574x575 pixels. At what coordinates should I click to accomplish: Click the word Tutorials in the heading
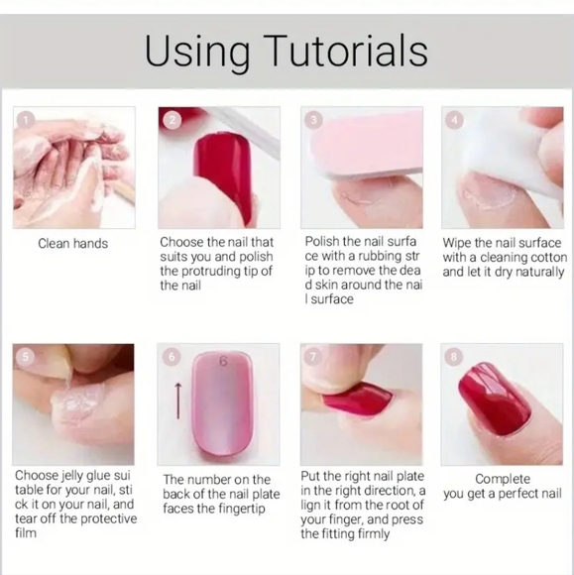click(x=348, y=51)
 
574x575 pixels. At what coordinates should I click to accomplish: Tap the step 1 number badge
click(x=26, y=120)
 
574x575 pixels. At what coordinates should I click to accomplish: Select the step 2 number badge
click(x=172, y=120)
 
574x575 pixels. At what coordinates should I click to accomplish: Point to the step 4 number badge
click(x=454, y=120)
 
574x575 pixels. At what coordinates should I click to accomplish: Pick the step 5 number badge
click(x=26, y=357)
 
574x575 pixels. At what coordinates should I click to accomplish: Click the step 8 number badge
click(x=454, y=357)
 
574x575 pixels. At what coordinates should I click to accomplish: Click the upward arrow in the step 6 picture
click(x=177, y=402)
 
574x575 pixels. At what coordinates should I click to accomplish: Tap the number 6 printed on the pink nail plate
click(x=223, y=362)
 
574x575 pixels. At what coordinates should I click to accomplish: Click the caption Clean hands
click(x=73, y=244)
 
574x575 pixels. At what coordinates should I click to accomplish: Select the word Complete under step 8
click(x=503, y=479)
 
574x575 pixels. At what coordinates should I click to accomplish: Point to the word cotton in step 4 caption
click(x=546, y=258)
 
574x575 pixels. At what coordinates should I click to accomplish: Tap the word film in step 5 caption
click(x=26, y=532)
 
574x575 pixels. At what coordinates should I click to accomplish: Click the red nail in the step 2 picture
click(x=223, y=176)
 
